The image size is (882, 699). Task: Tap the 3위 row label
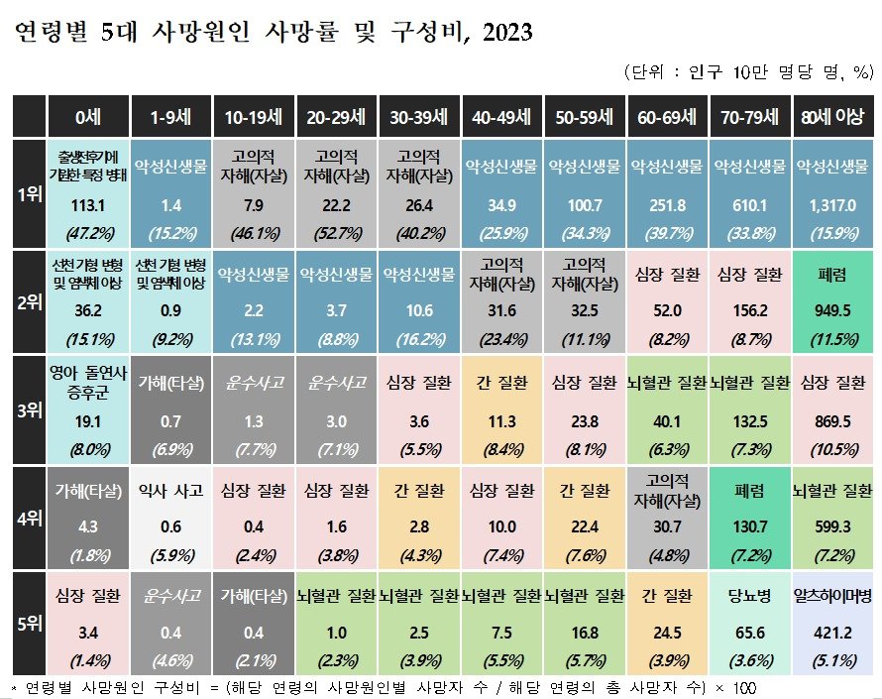tap(31, 406)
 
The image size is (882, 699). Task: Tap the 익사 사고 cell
tap(170, 491)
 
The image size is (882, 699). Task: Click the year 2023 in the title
tap(504, 33)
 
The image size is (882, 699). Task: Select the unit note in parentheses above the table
tap(748, 72)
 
